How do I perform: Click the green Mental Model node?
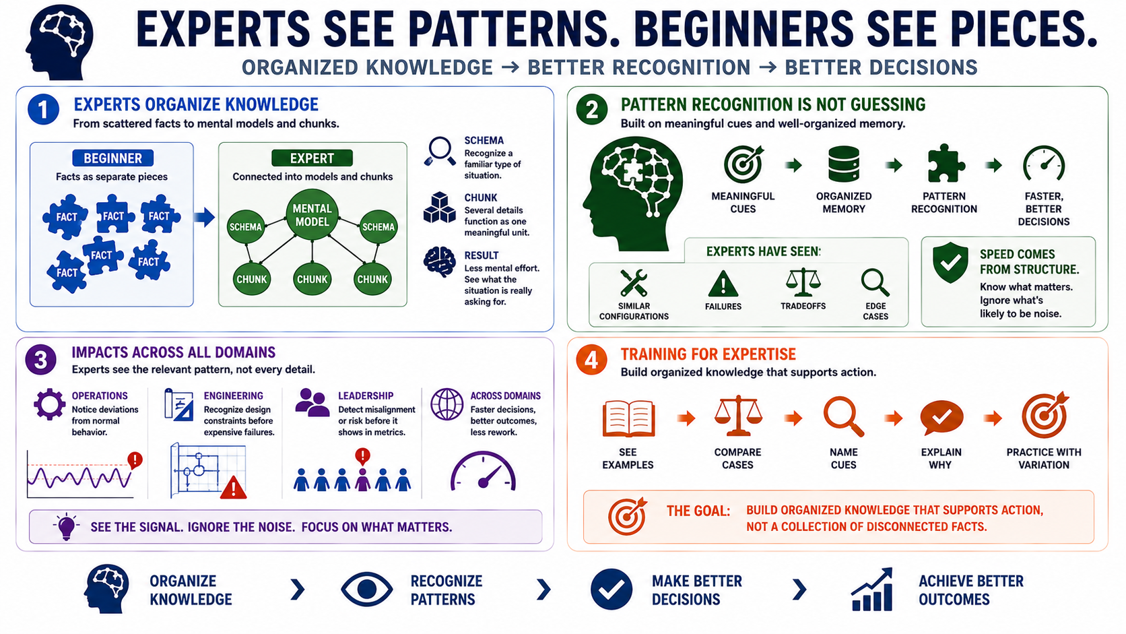pos(312,215)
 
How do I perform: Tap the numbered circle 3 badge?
pos(40,360)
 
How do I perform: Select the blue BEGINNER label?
pos(112,158)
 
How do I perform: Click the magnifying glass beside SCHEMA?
pos(439,151)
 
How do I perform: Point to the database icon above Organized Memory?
pos(844,164)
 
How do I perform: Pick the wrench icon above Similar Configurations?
pos(633,282)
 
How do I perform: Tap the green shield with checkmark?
pos(950,263)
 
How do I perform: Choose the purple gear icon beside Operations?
pos(49,404)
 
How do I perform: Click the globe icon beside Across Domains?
pos(447,404)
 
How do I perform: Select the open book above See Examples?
pos(628,418)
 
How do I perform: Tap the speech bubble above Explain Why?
pos(941,417)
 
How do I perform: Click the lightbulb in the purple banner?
pos(66,526)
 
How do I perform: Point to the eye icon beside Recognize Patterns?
pos(367,589)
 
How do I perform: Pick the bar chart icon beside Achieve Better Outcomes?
pos(872,590)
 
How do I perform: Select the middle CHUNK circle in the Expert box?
pos(312,279)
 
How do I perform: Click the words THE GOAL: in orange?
pos(698,511)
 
